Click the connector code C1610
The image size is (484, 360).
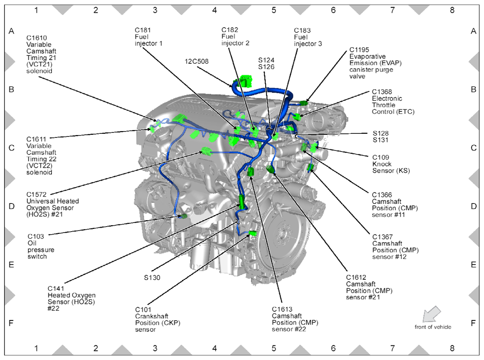[x=36, y=38]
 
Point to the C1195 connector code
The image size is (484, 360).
[x=359, y=50]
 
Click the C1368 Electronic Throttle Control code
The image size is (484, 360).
[x=382, y=91]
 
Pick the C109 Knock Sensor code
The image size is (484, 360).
[x=380, y=157]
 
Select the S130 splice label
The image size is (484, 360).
[x=152, y=277]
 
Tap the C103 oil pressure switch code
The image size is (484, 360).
[x=35, y=237]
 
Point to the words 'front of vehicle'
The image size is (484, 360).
[x=433, y=327]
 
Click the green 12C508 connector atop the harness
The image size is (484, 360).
[x=246, y=81]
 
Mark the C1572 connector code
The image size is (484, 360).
[x=36, y=194]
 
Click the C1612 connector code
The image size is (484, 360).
[x=356, y=277]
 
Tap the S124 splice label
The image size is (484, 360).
[x=267, y=60]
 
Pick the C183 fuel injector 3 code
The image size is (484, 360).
[x=302, y=30]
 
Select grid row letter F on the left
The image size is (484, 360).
[x=12, y=323]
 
